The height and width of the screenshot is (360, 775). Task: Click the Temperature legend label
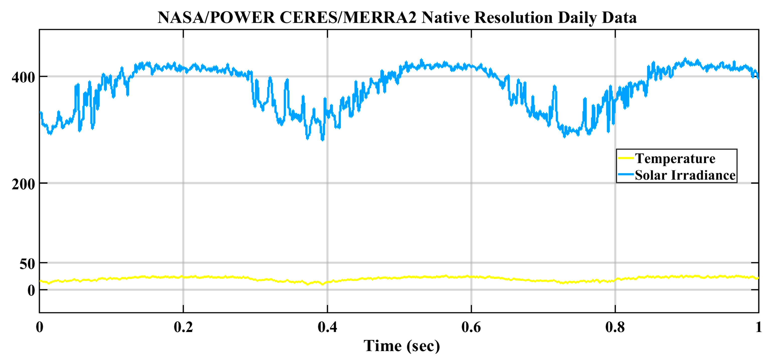click(x=675, y=159)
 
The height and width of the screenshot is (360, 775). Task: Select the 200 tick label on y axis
click(x=23, y=184)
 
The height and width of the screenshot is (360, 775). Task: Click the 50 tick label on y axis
click(x=27, y=264)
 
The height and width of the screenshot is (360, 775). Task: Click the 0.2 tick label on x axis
click(x=183, y=327)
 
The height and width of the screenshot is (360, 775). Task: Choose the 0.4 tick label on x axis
click(x=327, y=327)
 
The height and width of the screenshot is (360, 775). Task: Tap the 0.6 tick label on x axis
click(x=471, y=327)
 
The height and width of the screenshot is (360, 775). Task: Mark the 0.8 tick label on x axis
click(x=615, y=327)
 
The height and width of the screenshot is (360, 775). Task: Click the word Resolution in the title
click(x=513, y=18)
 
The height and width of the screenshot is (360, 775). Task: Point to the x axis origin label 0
click(x=39, y=327)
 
